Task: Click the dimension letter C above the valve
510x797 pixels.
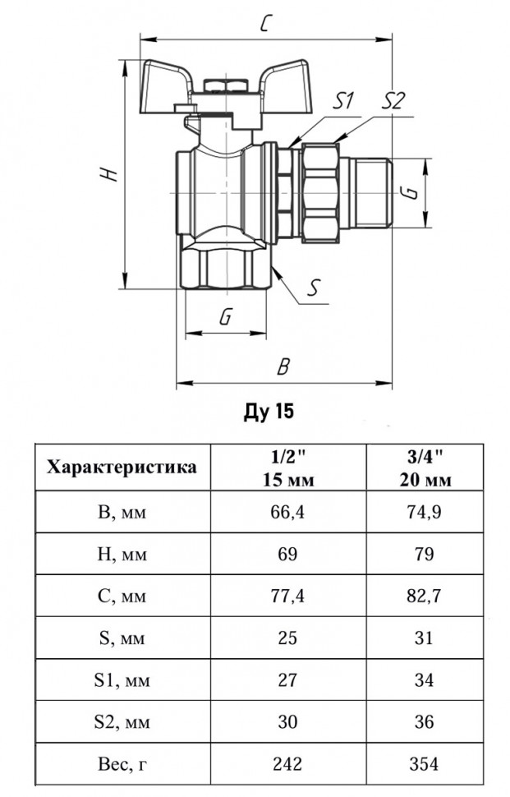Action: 265,23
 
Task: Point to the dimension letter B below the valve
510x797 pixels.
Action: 283,366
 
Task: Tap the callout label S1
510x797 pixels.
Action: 343,100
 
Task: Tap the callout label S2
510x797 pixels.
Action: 393,100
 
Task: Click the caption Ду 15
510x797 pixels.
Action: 269,411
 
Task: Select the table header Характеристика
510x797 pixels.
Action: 122,468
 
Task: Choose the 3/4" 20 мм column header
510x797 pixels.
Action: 425,468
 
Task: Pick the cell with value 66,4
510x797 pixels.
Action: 287,512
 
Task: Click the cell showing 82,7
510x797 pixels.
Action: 424,596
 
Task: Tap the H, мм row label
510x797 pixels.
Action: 122,554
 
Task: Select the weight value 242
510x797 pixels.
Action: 287,763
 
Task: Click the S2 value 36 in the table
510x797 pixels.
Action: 424,721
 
